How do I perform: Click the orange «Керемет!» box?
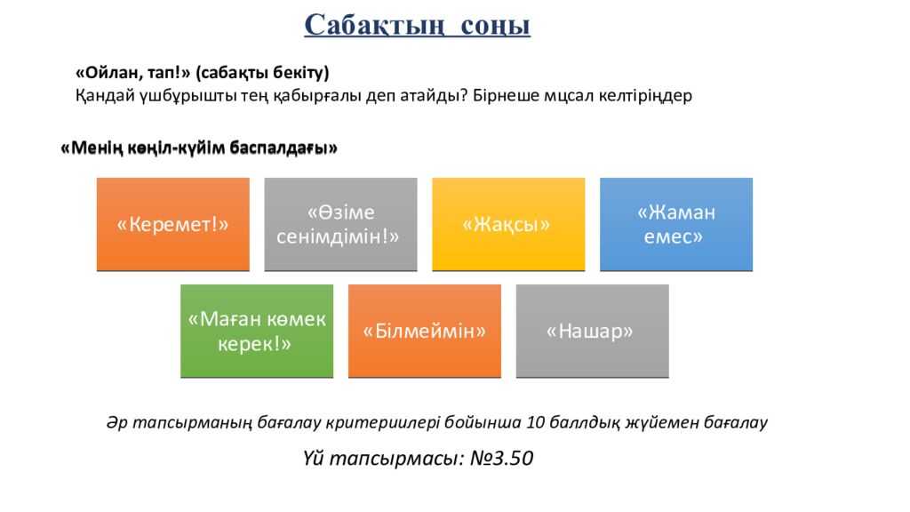173,224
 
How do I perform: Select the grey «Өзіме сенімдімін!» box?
340,224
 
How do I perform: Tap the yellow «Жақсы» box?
508,224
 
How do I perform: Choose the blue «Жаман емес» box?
676,224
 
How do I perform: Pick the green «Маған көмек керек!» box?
257,331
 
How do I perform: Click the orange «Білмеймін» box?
425,331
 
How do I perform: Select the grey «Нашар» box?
592,331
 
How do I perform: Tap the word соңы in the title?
495,24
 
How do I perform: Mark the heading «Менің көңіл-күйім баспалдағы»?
199,148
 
